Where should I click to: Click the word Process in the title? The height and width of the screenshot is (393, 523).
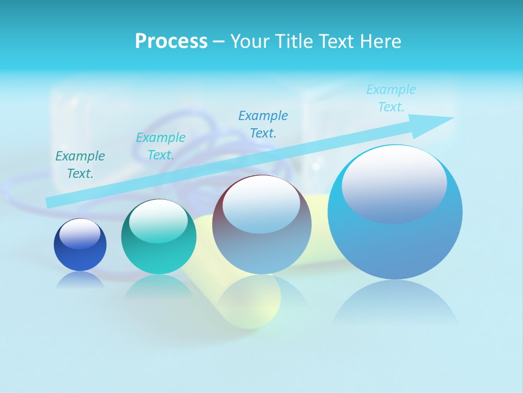point(171,41)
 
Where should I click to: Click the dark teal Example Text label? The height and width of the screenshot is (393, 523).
point(80,165)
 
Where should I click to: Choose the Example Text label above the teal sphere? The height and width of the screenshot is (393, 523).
point(161,146)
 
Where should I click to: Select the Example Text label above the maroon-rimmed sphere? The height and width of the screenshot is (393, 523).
point(263,124)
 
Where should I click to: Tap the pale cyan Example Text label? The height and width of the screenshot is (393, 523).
point(391,98)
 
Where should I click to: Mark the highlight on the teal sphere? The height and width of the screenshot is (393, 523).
point(159,218)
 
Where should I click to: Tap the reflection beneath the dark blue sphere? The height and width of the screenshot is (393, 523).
point(80,279)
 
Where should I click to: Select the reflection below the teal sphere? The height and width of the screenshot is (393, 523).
point(159,286)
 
